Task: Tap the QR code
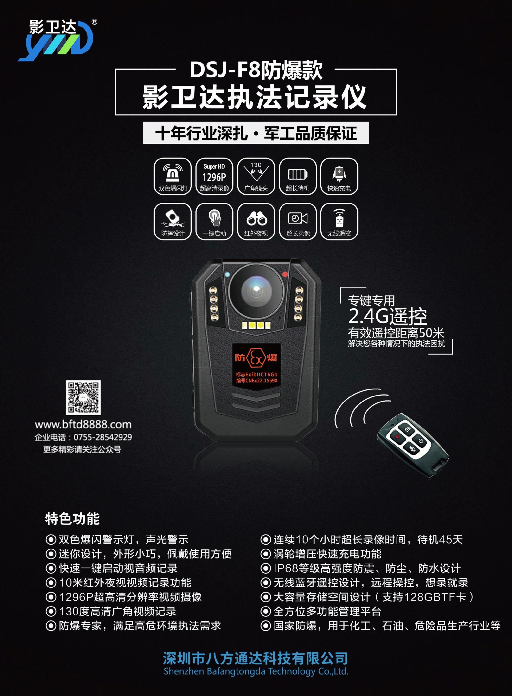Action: point(83,397)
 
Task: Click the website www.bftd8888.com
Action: point(83,424)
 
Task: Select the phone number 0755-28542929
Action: point(103,437)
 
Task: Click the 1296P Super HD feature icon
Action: point(214,176)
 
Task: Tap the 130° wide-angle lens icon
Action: point(256,176)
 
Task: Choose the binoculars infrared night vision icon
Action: point(256,221)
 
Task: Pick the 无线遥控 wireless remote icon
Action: point(339,221)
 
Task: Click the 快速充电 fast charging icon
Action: point(339,176)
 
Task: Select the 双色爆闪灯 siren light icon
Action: point(173,176)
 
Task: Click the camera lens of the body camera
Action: point(256,290)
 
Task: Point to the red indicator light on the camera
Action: point(285,274)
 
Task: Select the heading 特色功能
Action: point(72,519)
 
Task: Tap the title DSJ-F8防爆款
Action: point(256,70)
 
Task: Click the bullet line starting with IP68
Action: point(361,568)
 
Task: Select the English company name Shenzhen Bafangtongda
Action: point(256,671)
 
